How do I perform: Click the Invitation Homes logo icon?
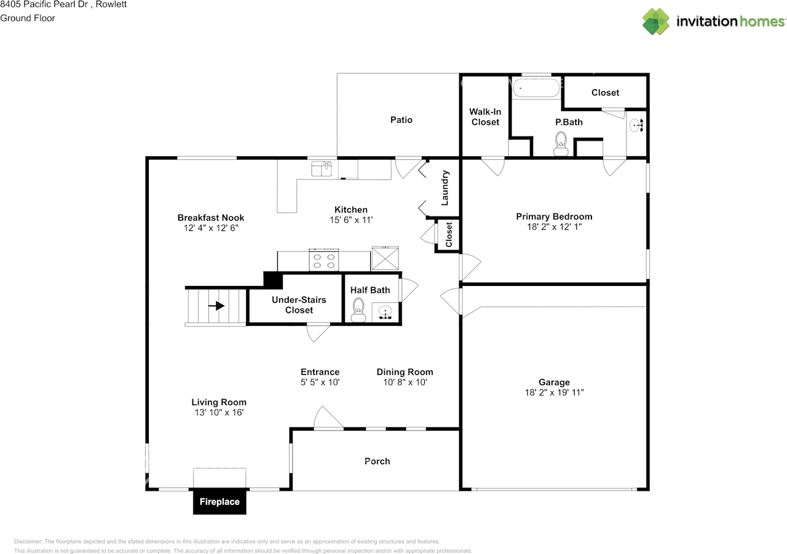tap(656, 22)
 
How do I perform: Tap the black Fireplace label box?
tap(219, 502)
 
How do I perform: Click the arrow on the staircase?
tap(216, 306)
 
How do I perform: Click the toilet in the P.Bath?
tap(560, 144)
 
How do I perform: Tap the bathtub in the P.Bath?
tap(537, 88)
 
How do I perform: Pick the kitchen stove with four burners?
tap(324, 261)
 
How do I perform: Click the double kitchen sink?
tap(321, 168)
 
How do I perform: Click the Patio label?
tap(401, 120)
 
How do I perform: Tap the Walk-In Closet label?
tap(485, 117)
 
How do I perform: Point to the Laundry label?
tap(445, 188)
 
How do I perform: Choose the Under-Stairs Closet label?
tap(299, 305)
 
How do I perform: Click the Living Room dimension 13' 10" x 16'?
tap(218, 413)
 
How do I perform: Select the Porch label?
tap(377, 461)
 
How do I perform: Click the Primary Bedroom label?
tap(554, 216)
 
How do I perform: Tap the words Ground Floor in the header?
tap(28, 18)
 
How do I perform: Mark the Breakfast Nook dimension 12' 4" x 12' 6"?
tap(210, 228)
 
